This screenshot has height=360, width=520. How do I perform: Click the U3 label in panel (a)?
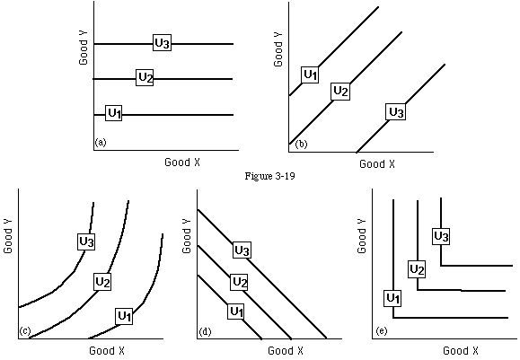click(x=163, y=43)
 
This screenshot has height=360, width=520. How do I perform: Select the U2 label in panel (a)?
click(x=145, y=77)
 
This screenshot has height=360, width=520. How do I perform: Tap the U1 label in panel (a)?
click(x=114, y=113)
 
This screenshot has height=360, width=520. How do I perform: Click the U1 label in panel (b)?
click(x=310, y=75)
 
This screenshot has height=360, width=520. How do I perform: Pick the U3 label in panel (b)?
click(x=396, y=111)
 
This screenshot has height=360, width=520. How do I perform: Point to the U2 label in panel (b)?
click(x=340, y=92)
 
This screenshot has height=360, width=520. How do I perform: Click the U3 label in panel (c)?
click(x=86, y=241)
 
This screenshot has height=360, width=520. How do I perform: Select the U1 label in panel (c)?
click(x=124, y=316)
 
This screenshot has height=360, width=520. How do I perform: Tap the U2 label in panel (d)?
click(x=240, y=282)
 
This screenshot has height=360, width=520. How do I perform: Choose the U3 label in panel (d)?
click(x=242, y=250)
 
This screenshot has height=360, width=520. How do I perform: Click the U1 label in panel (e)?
click(x=392, y=298)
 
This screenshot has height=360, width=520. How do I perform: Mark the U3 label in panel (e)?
click(x=441, y=236)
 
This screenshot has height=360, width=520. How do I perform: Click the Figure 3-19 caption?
click(x=269, y=176)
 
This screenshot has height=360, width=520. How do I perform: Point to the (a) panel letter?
click(x=101, y=143)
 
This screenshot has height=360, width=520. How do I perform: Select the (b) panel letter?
click(x=302, y=144)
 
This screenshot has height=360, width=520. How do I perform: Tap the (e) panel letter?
click(x=382, y=331)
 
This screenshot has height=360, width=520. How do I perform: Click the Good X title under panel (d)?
click(x=286, y=351)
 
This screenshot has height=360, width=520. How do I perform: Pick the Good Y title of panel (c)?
click(x=8, y=236)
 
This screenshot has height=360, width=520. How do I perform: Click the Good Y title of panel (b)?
click(x=278, y=49)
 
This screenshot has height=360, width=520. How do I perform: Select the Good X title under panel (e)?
click(x=461, y=351)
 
